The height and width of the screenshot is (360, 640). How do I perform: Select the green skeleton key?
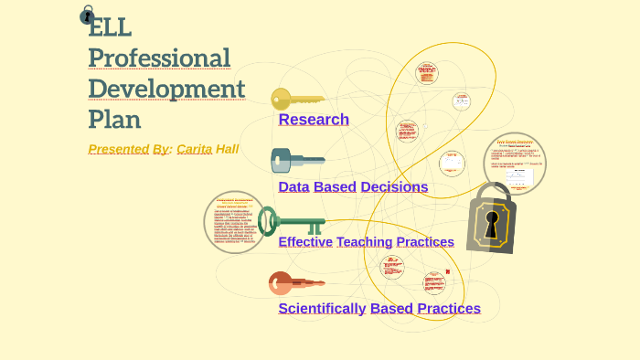tap(290, 221)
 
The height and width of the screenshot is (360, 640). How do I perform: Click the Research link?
tap(314, 120)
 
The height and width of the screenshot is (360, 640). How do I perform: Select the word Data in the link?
tap(293, 187)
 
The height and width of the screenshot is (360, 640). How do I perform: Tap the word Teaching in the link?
tap(364, 242)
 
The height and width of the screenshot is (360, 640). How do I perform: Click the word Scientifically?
tap(322, 309)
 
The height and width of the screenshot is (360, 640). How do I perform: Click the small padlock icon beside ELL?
tap(87, 15)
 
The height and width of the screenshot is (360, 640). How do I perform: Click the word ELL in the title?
tap(110, 27)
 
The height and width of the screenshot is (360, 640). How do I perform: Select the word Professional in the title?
tap(159, 58)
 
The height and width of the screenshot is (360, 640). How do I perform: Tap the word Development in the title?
tap(166, 89)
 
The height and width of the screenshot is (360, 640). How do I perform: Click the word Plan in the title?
tap(114, 119)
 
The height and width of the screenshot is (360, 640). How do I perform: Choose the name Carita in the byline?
tap(194, 149)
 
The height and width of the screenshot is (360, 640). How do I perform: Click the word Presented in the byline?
tap(119, 149)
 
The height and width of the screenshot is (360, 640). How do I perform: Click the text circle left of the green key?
tap(235, 222)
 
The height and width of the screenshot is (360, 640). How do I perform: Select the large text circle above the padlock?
tap(515, 164)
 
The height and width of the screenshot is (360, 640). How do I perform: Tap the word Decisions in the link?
tap(394, 187)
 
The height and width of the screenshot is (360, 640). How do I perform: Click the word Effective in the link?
tap(305, 242)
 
